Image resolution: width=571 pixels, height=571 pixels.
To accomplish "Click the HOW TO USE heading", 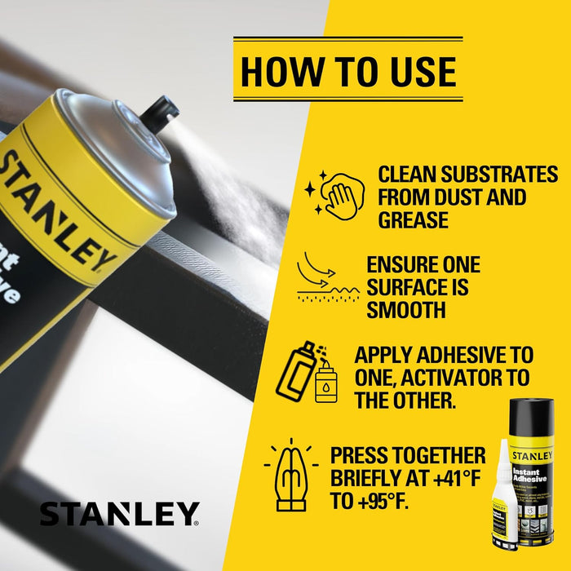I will [x=348, y=71].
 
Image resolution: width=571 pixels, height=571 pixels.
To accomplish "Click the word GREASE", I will [x=413, y=220].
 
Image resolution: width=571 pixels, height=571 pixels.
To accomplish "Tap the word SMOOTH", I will [x=406, y=310].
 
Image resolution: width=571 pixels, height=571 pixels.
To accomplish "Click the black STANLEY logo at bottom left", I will [x=119, y=515].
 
